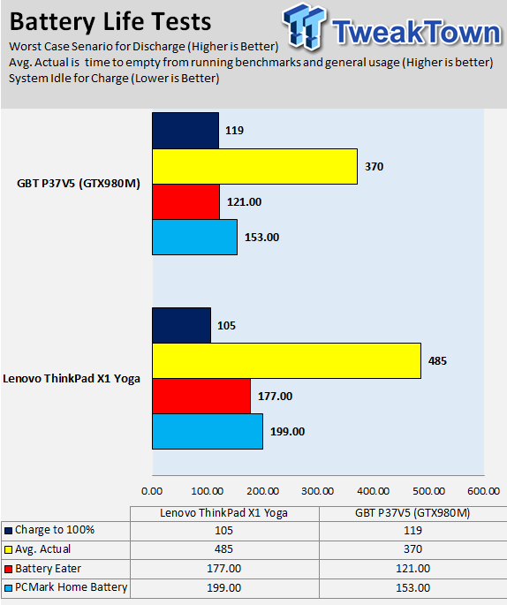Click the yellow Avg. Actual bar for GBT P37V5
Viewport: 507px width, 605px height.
[x=254, y=166]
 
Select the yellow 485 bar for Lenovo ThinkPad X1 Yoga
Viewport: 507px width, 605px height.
[x=287, y=360]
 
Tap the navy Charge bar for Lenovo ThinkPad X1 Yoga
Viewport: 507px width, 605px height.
[x=181, y=325]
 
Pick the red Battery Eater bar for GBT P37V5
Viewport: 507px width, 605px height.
[x=186, y=201]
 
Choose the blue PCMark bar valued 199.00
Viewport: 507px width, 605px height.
[x=208, y=431]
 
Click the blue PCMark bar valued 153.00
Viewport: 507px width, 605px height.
[x=195, y=237]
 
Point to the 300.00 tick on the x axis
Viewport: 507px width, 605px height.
[x=318, y=491]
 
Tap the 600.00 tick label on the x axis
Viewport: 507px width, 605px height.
[x=483, y=491]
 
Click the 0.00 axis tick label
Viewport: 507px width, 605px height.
[x=152, y=491]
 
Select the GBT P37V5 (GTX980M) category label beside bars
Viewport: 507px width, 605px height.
[x=79, y=184]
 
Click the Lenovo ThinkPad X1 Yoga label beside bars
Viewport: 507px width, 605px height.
[x=72, y=379]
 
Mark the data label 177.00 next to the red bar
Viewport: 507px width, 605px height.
[x=275, y=397]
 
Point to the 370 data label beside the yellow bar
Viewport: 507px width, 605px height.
[x=375, y=167]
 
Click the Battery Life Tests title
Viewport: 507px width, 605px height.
[x=110, y=21]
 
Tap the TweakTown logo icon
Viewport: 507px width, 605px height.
[x=304, y=26]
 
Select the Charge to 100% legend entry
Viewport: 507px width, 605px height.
[x=49, y=530]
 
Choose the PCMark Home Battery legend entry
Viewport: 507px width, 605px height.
[x=66, y=587]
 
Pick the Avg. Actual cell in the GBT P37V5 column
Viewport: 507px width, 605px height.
[x=412, y=549]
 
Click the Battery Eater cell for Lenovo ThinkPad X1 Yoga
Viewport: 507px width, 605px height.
[x=223, y=568]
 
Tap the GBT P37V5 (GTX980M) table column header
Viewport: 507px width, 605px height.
[x=412, y=513]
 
